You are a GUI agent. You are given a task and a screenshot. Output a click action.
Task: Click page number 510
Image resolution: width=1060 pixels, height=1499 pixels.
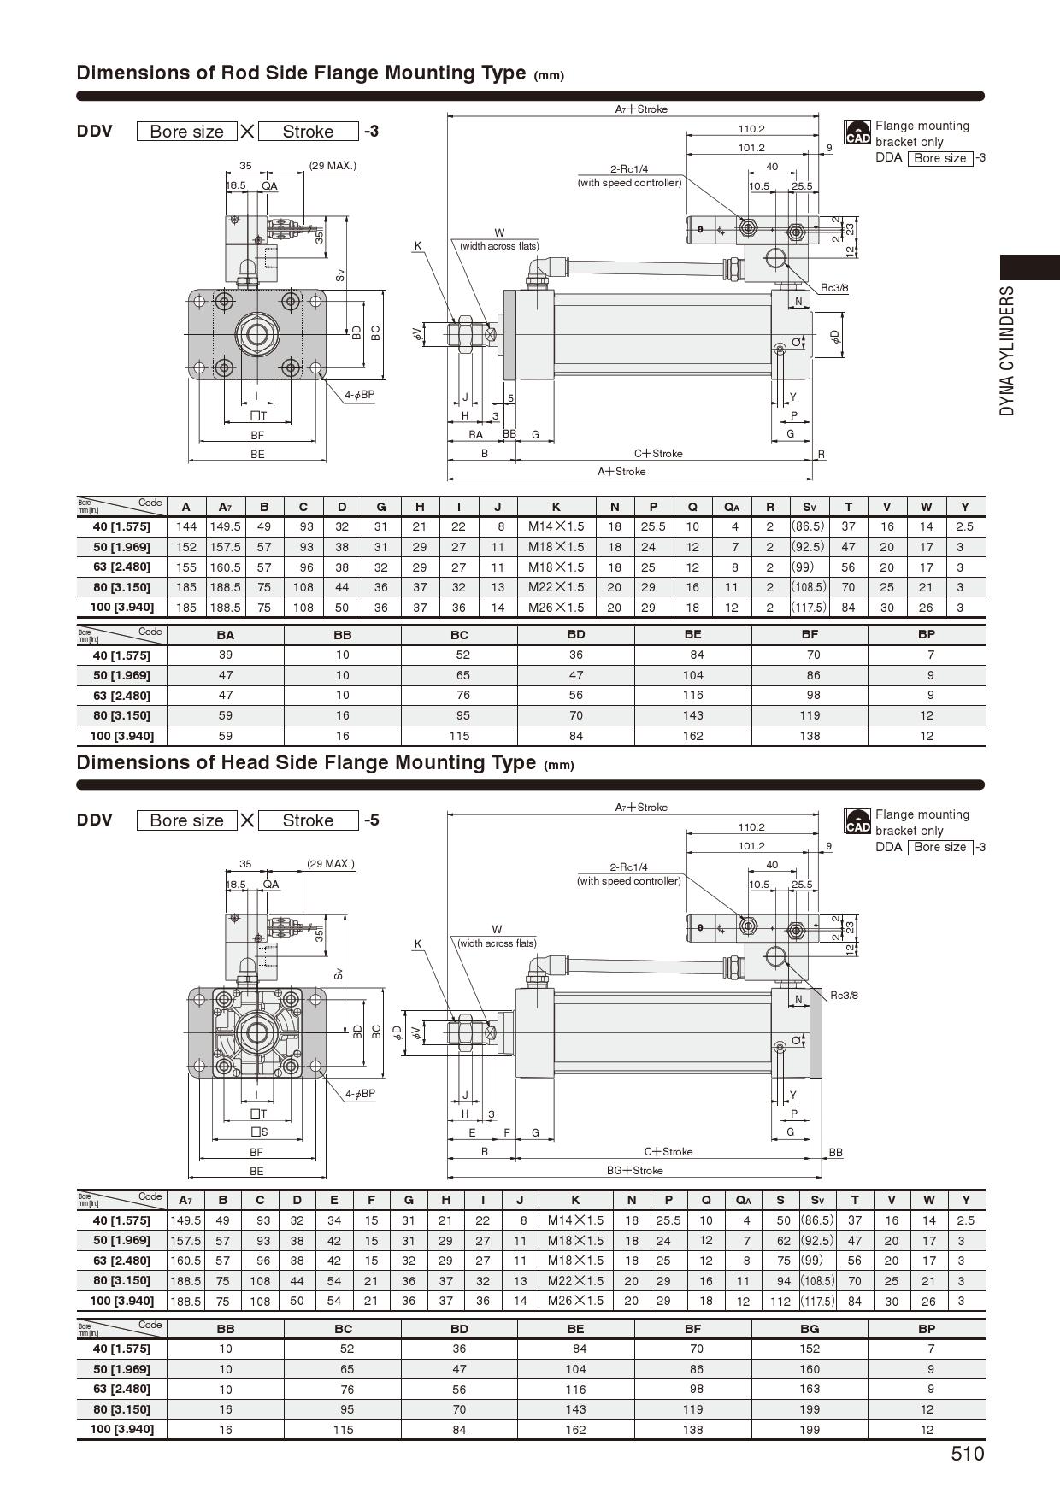point(967,1454)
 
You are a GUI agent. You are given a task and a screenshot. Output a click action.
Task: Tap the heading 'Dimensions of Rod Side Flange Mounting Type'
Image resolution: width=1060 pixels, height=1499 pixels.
point(301,73)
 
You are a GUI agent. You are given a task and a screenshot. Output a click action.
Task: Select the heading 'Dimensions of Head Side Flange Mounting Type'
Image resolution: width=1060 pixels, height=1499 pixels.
point(306,762)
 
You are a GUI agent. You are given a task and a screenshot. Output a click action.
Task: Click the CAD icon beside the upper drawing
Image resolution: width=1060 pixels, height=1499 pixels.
point(857,132)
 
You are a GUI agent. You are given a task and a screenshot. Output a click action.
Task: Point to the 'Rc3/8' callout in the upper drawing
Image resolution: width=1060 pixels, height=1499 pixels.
point(834,288)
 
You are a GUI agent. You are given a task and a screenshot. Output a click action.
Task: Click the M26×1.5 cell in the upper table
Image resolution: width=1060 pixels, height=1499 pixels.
point(556,608)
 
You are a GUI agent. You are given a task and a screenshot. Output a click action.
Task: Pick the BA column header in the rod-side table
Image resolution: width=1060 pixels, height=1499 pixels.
point(226,635)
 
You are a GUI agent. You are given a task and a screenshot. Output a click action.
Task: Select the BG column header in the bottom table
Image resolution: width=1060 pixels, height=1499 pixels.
point(810,1329)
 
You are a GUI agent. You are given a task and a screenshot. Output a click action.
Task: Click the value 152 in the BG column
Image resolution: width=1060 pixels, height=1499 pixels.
point(810,1349)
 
